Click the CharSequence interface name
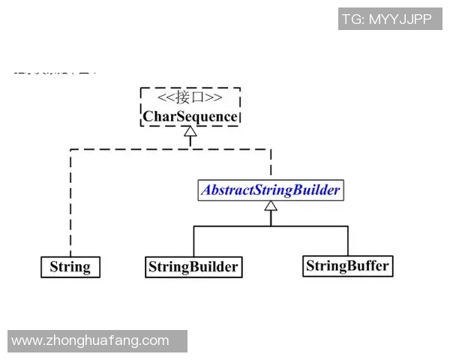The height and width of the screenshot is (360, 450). click(x=190, y=117)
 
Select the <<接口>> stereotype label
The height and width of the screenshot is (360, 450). click(x=190, y=98)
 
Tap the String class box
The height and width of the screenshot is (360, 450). click(x=70, y=266)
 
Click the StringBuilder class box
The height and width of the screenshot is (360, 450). click(x=193, y=266)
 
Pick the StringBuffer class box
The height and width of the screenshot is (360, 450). click(x=348, y=265)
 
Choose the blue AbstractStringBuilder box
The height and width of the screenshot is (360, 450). click(x=270, y=190)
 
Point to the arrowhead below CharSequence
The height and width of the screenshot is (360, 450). click(x=190, y=132)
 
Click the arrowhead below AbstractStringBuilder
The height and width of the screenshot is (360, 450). click(x=271, y=205)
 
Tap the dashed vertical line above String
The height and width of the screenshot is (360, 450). click(x=70, y=202)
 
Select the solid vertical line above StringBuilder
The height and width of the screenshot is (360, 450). click(x=193, y=240)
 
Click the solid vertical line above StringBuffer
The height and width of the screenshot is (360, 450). click(x=348, y=240)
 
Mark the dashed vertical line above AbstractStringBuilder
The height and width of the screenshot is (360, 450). click(x=271, y=163)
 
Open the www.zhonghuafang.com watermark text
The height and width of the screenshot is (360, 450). click(x=91, y=340)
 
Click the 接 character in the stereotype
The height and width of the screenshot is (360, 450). click(x=183, y=98)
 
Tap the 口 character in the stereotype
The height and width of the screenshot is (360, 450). click(x=199, y=98)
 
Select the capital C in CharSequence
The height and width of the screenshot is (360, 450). click(x=148, y=117)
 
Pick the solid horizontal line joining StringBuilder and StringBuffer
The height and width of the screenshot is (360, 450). click(x=271, y=225)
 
